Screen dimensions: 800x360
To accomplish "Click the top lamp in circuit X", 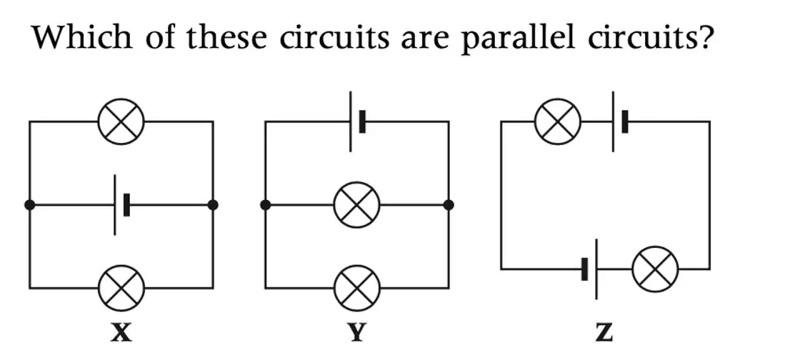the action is [x=121, y=122].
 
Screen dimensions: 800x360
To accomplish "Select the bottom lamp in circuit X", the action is [x=121, y=288].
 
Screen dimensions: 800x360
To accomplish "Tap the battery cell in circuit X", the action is [x=121, y=205].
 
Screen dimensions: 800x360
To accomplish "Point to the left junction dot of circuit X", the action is [x=29, y=205].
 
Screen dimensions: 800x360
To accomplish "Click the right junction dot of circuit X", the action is [x=213, y=205].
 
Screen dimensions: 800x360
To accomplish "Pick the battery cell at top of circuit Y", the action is [x=357, y=122].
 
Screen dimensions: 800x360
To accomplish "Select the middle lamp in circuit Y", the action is [x=356, y=205].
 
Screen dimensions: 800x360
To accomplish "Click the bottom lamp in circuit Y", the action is [x=356, y=288].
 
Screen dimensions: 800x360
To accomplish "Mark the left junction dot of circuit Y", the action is [x=265, y=205].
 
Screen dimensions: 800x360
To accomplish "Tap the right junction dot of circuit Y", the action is [x=449, y=205].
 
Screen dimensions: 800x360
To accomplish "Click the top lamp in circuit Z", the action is [x=558, y=122].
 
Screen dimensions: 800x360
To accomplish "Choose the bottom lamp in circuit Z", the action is [x=655, y=269].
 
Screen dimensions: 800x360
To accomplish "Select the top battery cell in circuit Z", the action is [x=619, y=122].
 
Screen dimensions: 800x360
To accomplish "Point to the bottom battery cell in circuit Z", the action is [x=590, y=269].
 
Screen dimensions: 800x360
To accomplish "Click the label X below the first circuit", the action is [x=121, y=333].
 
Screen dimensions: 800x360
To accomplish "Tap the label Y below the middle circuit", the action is [x=356, y=333].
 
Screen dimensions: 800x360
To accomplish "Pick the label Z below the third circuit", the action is [x=604, y=333].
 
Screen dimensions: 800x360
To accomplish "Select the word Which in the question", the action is [x=81, y=36].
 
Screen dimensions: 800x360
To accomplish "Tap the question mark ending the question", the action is [x=702, y=36].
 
